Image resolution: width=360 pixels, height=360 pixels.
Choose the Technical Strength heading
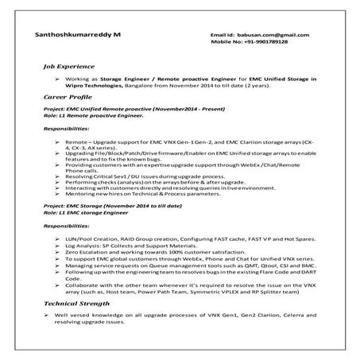(x=79, y=304)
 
